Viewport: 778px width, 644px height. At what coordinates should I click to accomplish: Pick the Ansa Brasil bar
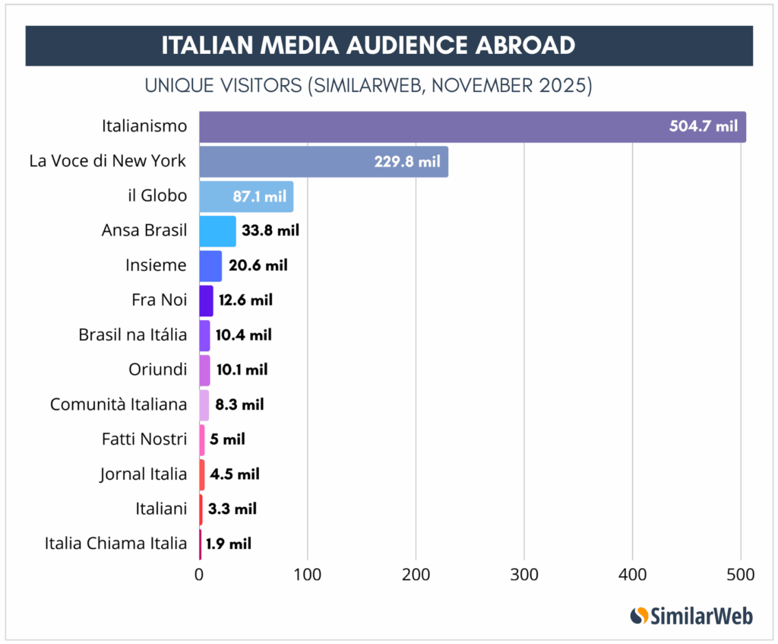pyautogui.click(x=217, y=231)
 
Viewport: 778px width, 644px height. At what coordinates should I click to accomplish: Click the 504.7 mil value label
pyautogui.click(x=703, y=126)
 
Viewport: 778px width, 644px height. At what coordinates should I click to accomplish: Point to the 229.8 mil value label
pyautogui.click(x=406, y=161)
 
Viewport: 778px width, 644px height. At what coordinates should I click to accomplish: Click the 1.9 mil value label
pyautogui.click(x=228, y=544)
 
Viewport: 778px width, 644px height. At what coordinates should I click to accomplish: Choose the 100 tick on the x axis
pyautogui.click(x=308, y=575)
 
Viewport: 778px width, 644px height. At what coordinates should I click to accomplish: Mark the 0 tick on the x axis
pyautogui.click(x=199, y=575)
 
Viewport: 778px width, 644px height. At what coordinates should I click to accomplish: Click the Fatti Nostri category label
pyautogui.click(x=144, y=439)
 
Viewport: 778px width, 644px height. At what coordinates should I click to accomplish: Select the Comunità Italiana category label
pyautogui.click(x=119, y=404)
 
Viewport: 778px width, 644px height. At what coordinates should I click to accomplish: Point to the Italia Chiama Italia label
pyautogui.click(x=115, y=544)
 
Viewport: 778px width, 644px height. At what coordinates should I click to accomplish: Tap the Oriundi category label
pyautogui.click(x=157, y=370)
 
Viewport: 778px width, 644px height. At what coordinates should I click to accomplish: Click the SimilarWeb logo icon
pyautogui.click(x=639, y=615)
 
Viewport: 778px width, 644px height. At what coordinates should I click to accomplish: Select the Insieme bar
pyautogui.click(x=210, y=265)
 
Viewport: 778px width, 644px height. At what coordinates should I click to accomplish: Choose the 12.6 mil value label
pyautogui.click(x=245, y=300)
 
